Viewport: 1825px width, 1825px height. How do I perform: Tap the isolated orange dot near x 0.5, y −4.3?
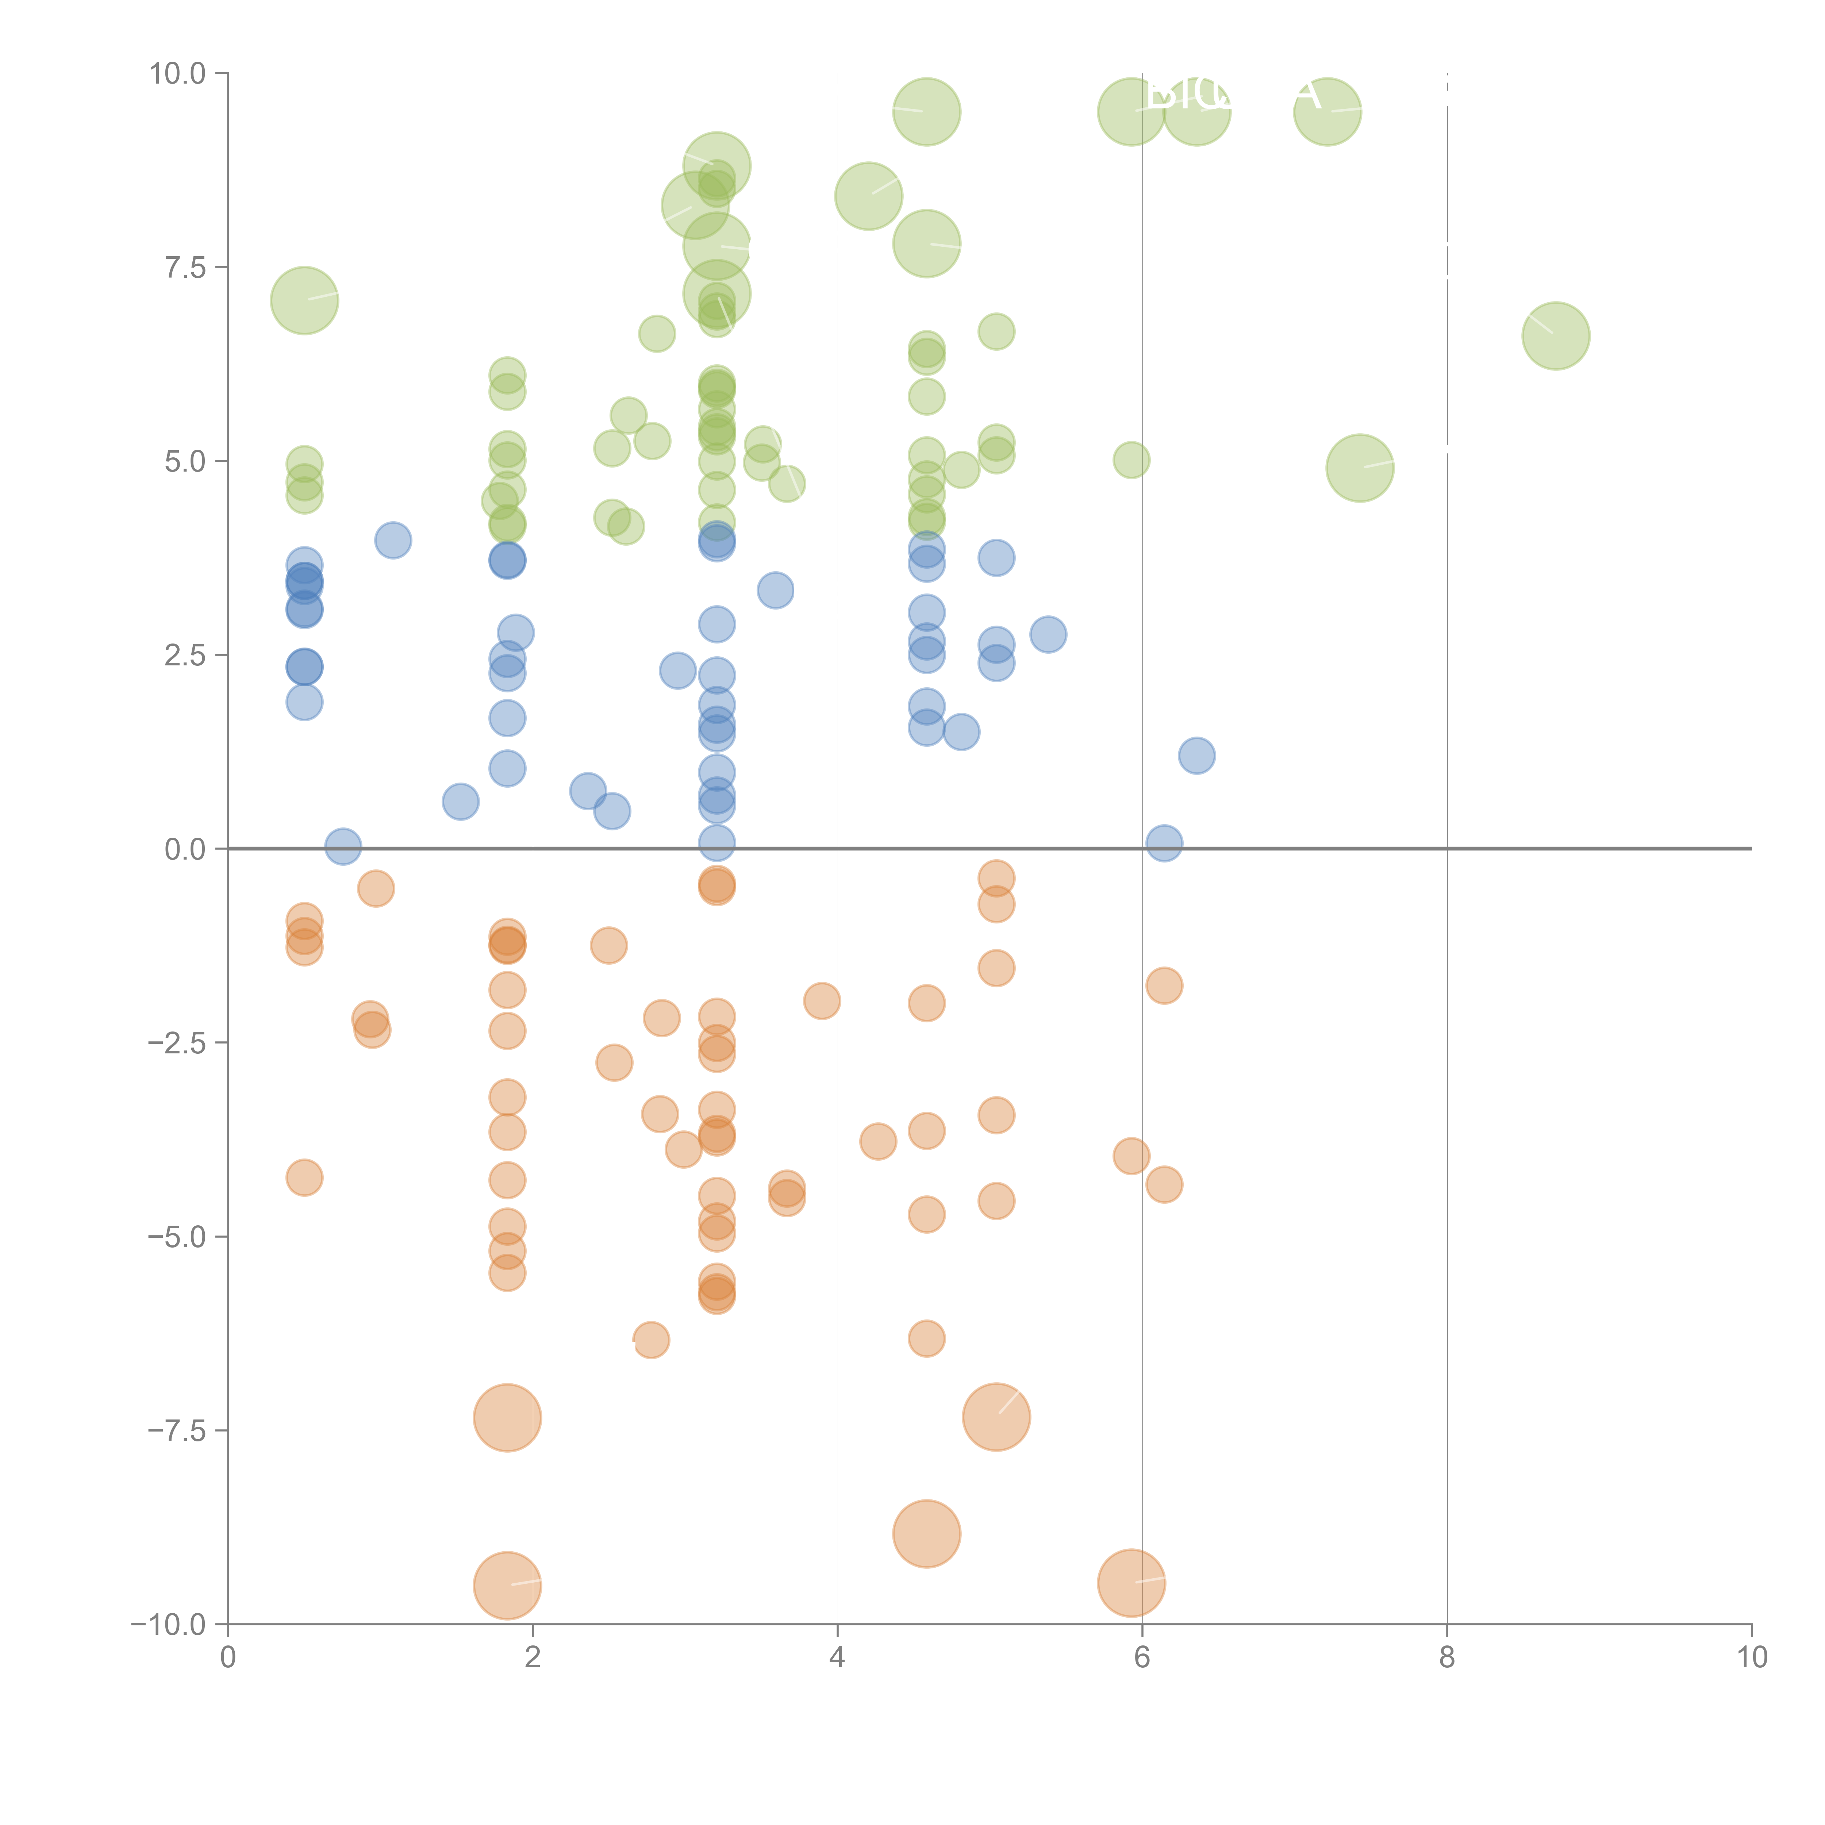pos(304,1177)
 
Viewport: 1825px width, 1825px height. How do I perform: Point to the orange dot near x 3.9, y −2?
pos(822,1000)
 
